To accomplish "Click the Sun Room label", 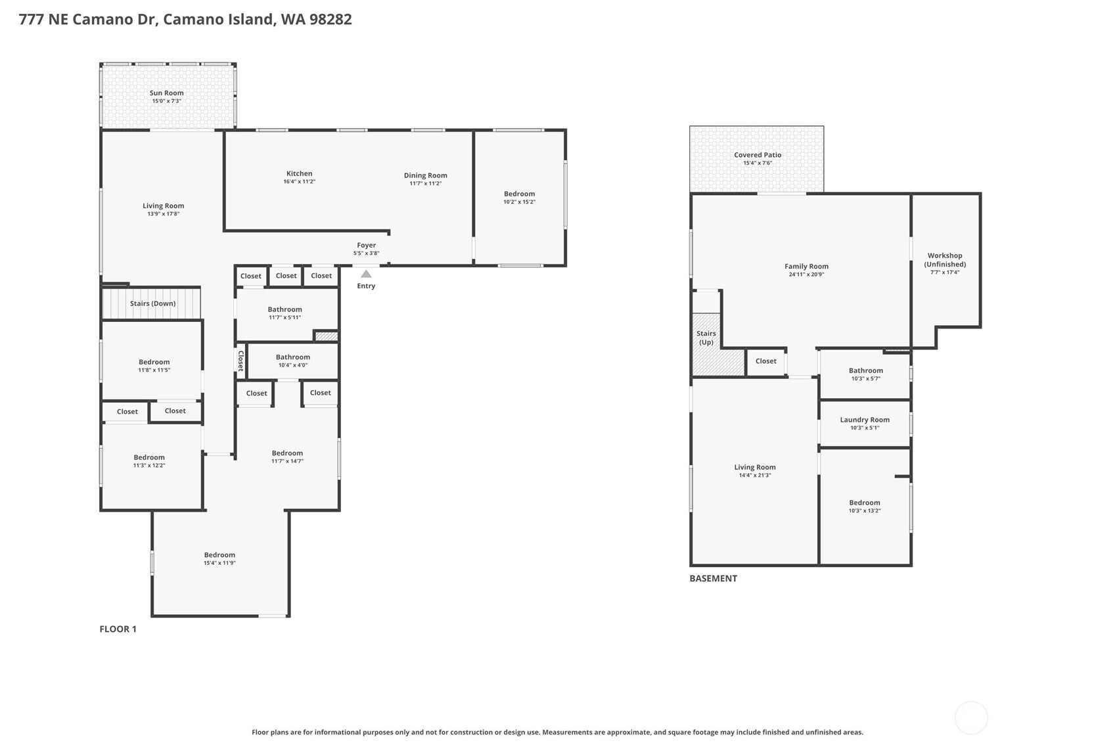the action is (167, 93).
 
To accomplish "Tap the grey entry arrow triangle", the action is (366, 274).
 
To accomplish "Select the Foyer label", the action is (367, 245).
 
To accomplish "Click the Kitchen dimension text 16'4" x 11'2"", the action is (299, 182).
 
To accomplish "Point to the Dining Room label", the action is (426, 175).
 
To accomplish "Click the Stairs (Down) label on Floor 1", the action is (153, 304).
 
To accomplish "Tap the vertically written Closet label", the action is (241, 361).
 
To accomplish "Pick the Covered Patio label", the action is (758, 155).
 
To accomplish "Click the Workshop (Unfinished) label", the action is (945, 259).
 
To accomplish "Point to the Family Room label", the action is (806, 266).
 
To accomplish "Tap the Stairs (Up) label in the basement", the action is (706, 338).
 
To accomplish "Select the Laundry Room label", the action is (865, 420).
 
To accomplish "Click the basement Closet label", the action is (765, 361).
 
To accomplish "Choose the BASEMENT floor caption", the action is (714, 578).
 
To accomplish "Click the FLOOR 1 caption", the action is (118, 629).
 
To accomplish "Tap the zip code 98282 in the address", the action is (330, 20).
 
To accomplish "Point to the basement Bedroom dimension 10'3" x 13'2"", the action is (865, 510).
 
